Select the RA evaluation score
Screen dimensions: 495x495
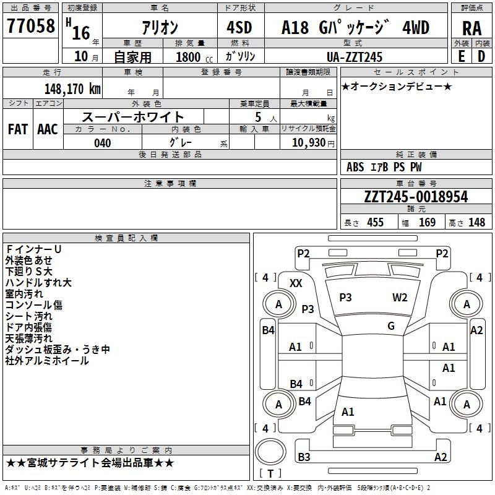click(x=471, y=28)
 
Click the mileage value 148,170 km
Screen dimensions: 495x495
click(x=72, y=89)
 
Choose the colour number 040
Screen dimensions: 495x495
click(x=102, y=143)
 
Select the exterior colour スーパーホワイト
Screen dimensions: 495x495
click(x=133, y=116)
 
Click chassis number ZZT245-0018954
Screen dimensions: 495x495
click(x=416, y=197)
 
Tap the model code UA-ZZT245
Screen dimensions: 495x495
click(x=355, y=57)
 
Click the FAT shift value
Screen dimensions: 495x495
click(x=18, y=129)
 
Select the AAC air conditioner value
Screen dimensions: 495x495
click(x=47, y=129)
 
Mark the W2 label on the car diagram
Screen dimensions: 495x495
click(x=400, y=298)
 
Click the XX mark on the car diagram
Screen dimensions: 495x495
click(x=296, y=283)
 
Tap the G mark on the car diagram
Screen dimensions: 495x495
click(x=391, y=326)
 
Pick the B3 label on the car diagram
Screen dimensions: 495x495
click(x=304, y=457)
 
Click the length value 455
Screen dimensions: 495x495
click(x=375, y=223)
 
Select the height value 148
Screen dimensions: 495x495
click(x=476, y=223)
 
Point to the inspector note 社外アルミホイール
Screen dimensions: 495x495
click(x=47, y=361)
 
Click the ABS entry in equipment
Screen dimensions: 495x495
click(x=355, y=167)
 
